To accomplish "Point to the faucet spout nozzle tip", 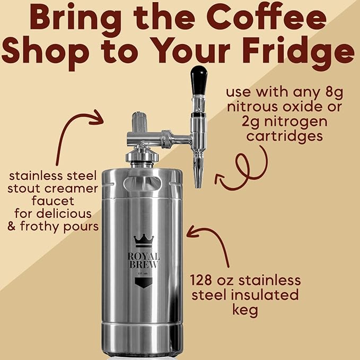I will pyautogui.click(x=198, y=183).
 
